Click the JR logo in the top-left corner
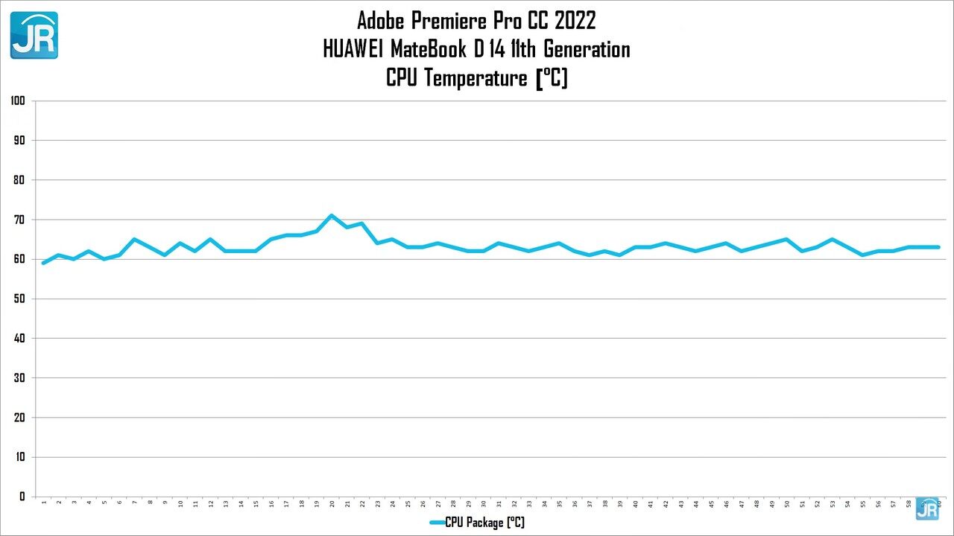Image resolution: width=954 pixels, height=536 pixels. pyautogui.click(x=34, y=35)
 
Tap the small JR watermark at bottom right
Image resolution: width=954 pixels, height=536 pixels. pyautogui.click(x=927, y=508)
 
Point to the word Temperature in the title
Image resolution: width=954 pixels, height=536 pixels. pyautogui.click(x=476, y=78)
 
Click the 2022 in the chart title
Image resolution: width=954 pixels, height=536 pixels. pyautogui.click(x=574, y=19)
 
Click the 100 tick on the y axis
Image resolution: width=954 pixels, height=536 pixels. pyautogui.click(x=18, y=100)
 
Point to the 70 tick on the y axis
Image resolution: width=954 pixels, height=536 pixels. pyautogui.click(x=19, y=220)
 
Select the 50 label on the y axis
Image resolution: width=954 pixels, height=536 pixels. pyautogui.click(x=19, y=299)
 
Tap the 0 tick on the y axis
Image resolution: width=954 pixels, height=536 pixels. pyautogui.click(x=22, y=497)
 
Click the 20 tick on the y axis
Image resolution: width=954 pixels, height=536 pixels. pyautogui.click(x=19, y=418)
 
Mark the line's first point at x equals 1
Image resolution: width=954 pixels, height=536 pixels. pyautogui.click(x=44, y=263)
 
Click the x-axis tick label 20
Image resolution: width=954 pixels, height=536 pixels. pyautogui.click(x=332, y=504)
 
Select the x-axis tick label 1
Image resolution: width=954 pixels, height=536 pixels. pyautogui.click(x=44, y=503)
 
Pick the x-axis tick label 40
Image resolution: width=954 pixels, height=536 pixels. pyautogui.click(x=635, y=504)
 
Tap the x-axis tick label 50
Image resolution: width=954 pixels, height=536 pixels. pyautogui.click(x=787, y=504)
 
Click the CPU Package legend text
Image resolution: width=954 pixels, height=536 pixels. pyautogui.click(x=484, y=523)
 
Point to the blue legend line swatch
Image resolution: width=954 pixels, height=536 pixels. pyautogui.click(x=437, y=523)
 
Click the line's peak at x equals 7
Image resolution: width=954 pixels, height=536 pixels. pyautogui.click(x=134, y=240)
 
